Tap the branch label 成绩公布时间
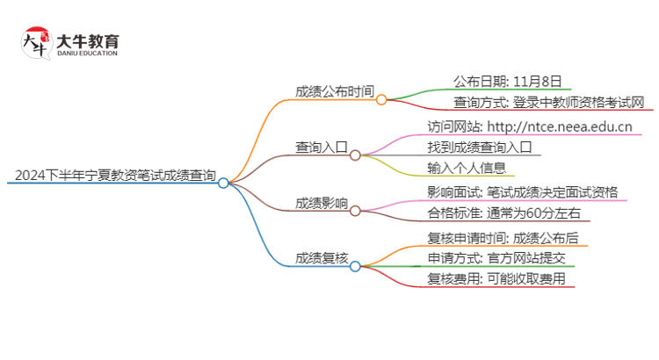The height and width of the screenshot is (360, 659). coord(334,90)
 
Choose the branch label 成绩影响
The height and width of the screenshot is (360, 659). coord(321,205)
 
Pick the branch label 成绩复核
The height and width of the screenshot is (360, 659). coord(321,258)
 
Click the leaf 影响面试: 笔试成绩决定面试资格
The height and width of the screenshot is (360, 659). coord(522,192)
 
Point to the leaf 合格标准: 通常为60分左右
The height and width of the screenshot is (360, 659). coord(503,214)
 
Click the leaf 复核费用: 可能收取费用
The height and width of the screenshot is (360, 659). coord(496,280)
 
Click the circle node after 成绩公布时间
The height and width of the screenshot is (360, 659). coord(381,99)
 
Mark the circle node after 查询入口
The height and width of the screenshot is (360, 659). coord(355,155)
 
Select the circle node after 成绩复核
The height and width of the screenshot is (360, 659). coord(355,266)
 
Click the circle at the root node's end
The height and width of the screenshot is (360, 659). coord(223,184)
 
